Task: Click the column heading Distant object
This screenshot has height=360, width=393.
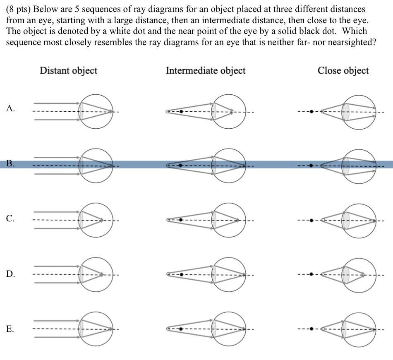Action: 68,70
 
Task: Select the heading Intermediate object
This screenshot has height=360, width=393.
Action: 206,70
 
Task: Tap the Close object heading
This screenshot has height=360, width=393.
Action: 343,70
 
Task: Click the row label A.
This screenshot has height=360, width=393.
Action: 11,109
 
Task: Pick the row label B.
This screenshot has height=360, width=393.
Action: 11,164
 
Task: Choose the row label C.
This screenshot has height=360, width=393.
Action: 11,219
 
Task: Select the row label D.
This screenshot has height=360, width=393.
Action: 11,274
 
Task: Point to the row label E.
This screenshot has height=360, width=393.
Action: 11,329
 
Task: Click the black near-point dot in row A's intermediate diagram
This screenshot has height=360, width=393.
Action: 181,111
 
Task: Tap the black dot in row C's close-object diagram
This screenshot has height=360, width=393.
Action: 311,220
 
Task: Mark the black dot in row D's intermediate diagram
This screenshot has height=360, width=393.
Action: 181,274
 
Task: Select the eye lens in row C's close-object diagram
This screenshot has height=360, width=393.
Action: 346,220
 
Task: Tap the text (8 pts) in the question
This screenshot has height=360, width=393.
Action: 20,9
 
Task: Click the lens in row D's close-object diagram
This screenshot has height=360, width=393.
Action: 346,274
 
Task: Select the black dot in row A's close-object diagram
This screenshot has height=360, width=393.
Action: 311,111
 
